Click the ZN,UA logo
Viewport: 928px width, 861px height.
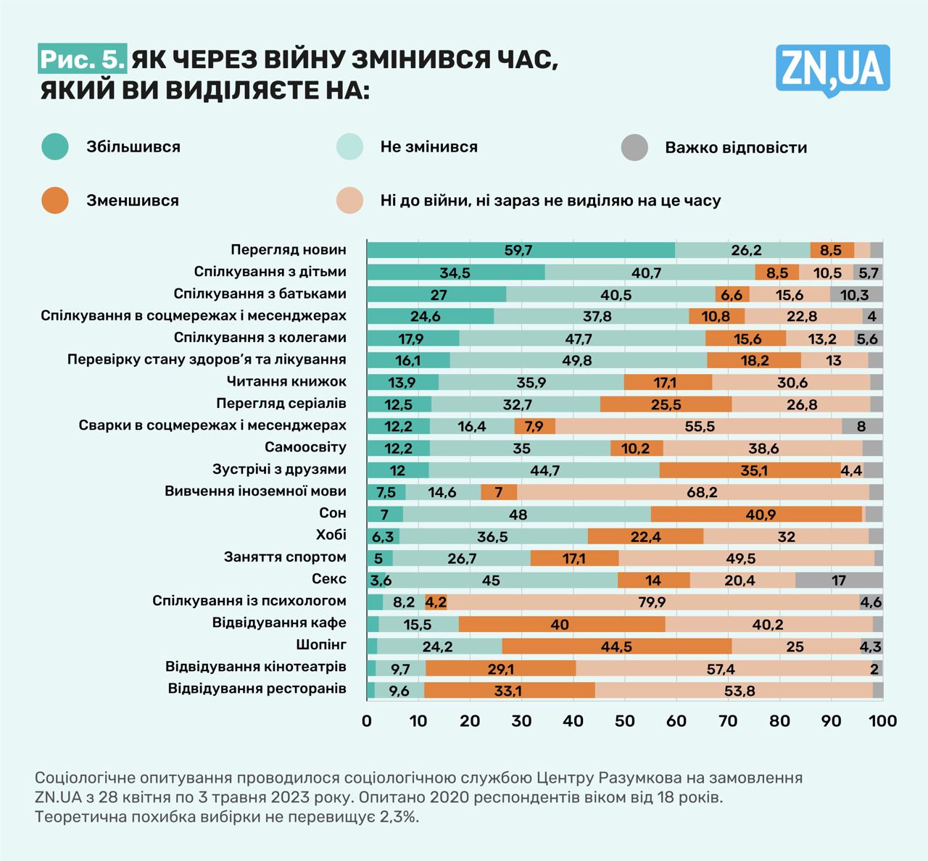pyautogui.click(x=832, y=70)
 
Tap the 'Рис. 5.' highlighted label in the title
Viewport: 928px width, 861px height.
pyautogui.click(x=82, y=59)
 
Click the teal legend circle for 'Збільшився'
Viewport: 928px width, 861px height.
pyautogui.click(x=55, y=146)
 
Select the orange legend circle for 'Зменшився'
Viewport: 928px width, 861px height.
pyautogui.click(x=55, y=200)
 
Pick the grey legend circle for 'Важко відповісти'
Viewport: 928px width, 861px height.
pyautogui.click(x=634, y=147)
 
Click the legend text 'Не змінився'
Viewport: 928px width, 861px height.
pyautogui.click(x=428, y=147)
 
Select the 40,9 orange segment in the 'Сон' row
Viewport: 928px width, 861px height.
pyautogui.click(x=756, y=514)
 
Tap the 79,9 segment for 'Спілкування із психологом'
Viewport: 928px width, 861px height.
pyautogui.click(x=652, y=602)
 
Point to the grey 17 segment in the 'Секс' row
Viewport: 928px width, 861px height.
pyautogui.click(x=839, y=580)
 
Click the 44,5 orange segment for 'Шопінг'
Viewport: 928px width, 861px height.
pyautogui.click(x=616, y=646)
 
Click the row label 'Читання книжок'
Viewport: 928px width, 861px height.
pyautogui.click(x=286, y=381)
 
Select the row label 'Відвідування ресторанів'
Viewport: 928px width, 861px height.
pyautogui.click(x=257, y=689)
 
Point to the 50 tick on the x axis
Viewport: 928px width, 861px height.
pyautogui.click(x=625, y=720)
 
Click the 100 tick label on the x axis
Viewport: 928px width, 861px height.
pyautogui.click(x=882, y=720)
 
